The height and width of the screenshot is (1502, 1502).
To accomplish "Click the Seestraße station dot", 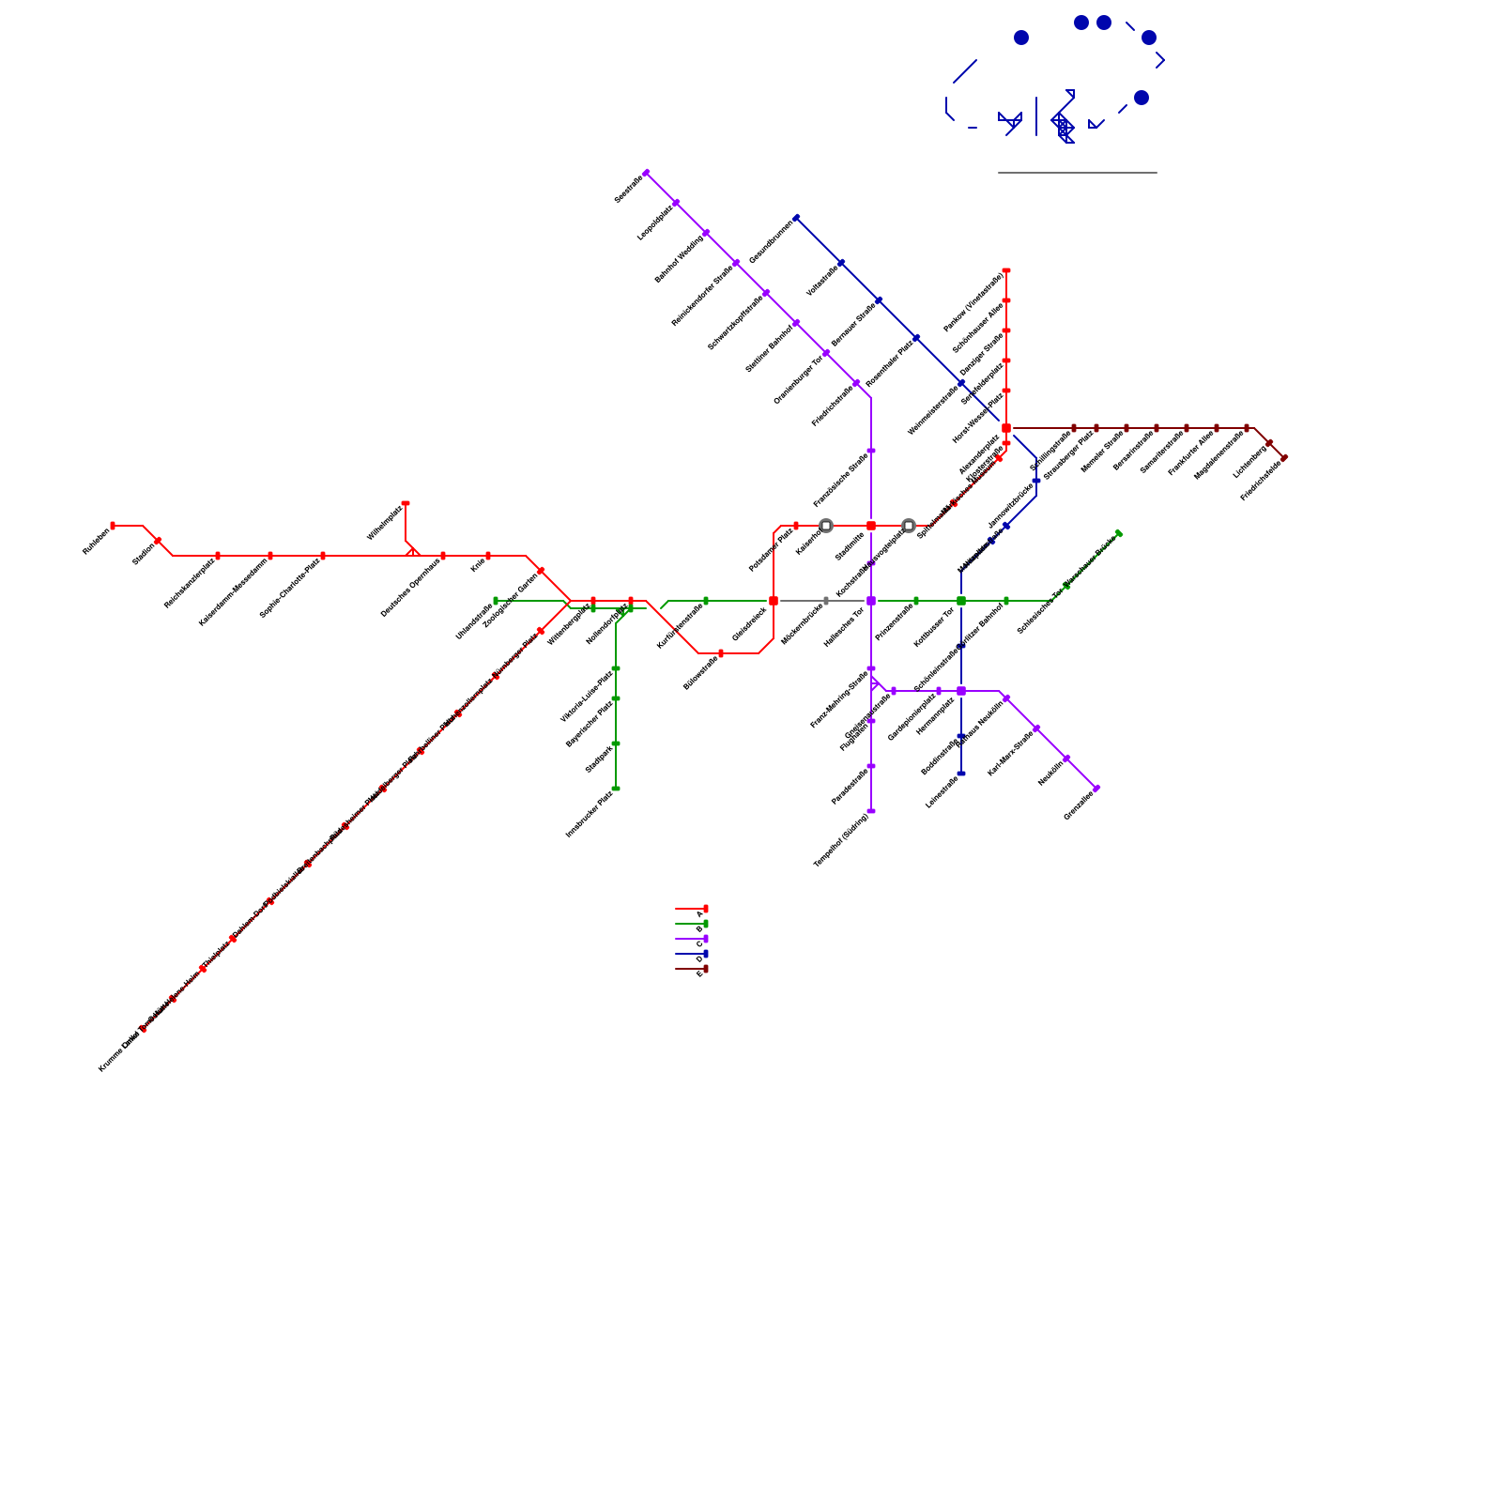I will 646,173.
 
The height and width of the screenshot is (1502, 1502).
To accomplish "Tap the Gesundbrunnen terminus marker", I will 797,218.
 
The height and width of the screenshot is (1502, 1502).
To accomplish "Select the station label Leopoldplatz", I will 655,222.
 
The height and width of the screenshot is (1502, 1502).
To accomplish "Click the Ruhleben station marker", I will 113,526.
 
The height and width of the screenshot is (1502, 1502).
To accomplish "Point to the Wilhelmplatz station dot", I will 406,503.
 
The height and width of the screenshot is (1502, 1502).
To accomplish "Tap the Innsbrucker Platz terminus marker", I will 616,789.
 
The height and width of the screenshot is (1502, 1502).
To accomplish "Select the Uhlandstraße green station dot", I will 496,601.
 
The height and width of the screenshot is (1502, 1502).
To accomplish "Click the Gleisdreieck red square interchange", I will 774,601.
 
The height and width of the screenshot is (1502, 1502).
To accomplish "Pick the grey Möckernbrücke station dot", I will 826,601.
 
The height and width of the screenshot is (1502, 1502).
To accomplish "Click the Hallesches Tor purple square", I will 871,601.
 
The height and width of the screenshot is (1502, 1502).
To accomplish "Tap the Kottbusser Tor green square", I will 961,601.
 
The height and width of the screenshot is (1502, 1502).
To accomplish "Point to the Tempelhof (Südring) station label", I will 841,840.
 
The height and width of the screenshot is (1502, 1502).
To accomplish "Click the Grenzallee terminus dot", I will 1096,789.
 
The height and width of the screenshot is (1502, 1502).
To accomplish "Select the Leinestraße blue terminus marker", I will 961,774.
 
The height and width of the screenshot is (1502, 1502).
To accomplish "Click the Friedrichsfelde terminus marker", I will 1284,457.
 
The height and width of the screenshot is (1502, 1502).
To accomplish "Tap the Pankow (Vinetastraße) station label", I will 973,302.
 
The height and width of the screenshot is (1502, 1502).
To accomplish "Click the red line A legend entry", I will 692,909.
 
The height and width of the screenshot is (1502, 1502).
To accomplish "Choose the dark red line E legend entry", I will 692,969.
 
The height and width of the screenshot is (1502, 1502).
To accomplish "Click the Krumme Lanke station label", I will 119,1051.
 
